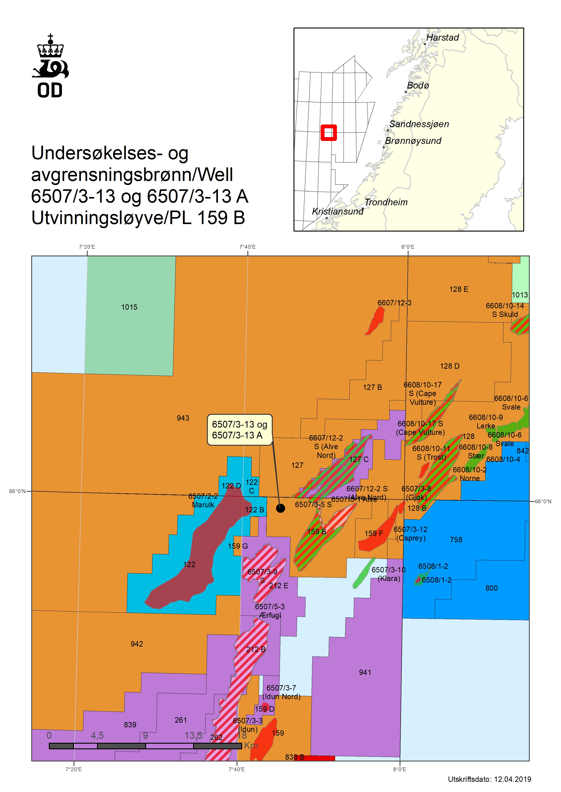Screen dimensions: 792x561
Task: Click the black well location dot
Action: [x=280, y=508]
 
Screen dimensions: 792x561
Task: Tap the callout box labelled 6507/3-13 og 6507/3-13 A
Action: [x=239, y=430]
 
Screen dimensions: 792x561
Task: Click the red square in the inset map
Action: [x=329, y=133]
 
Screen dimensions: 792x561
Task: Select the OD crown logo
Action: [x=50, y=66]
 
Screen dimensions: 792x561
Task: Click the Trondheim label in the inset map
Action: [x=386, y=202]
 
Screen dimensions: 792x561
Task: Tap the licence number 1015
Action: [x=129, y=307]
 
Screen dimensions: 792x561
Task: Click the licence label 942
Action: [x=137, y=644]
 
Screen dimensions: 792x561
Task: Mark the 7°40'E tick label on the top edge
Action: [x=247, y=247]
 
